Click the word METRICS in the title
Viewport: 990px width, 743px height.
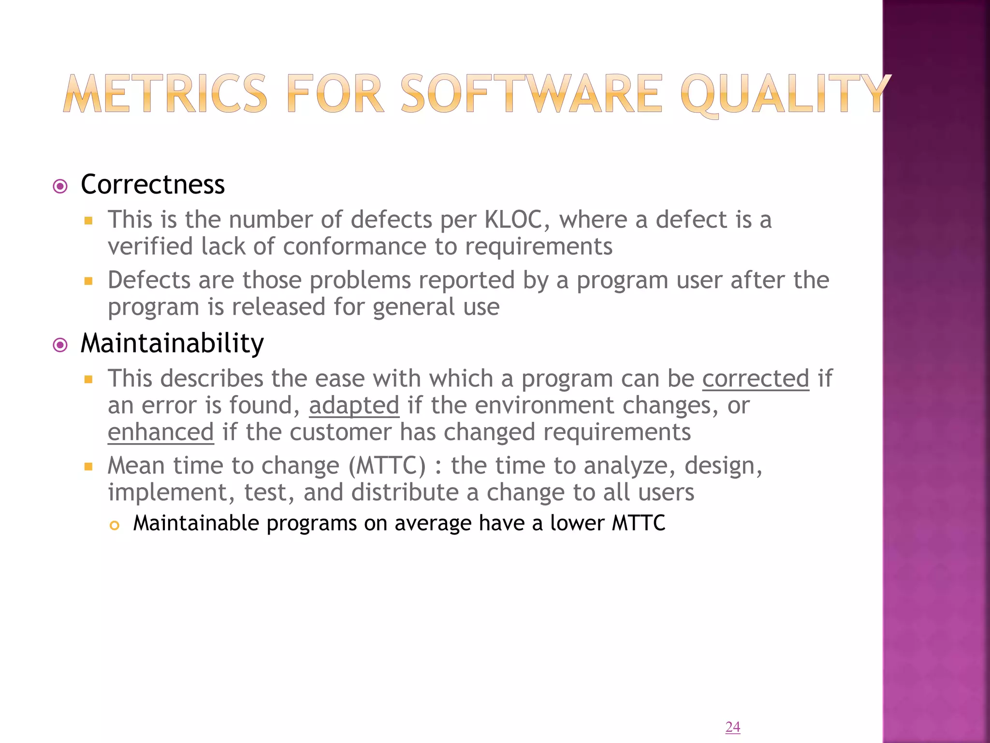click(x=165, y=94)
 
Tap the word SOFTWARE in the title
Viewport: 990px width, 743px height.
click(x=531, y=94)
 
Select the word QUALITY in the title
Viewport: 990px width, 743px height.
click(x=786, y=94)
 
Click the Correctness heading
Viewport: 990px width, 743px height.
click(x=153, y=185)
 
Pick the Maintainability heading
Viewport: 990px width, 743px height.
click(x=172, y=343)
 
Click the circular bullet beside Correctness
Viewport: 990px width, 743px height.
click(x=60, y=186)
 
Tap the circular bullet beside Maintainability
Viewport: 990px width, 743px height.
click(x=60, y=345)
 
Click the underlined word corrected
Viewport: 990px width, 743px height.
click(x=755, y=379)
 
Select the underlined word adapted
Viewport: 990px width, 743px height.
click(x=354, y=405)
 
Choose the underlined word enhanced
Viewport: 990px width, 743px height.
click(x=160, y=432)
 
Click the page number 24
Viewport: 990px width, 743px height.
click(x=732, y=727)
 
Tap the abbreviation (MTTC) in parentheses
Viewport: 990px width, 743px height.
click(x=387, y=466)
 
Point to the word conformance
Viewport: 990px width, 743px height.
click(x=354, y=247)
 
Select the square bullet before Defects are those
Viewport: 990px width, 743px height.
click(x=88, y=281)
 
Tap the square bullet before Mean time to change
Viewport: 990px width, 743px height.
click(x=88, y=467)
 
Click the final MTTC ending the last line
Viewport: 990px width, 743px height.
click(x=639, y=523)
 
